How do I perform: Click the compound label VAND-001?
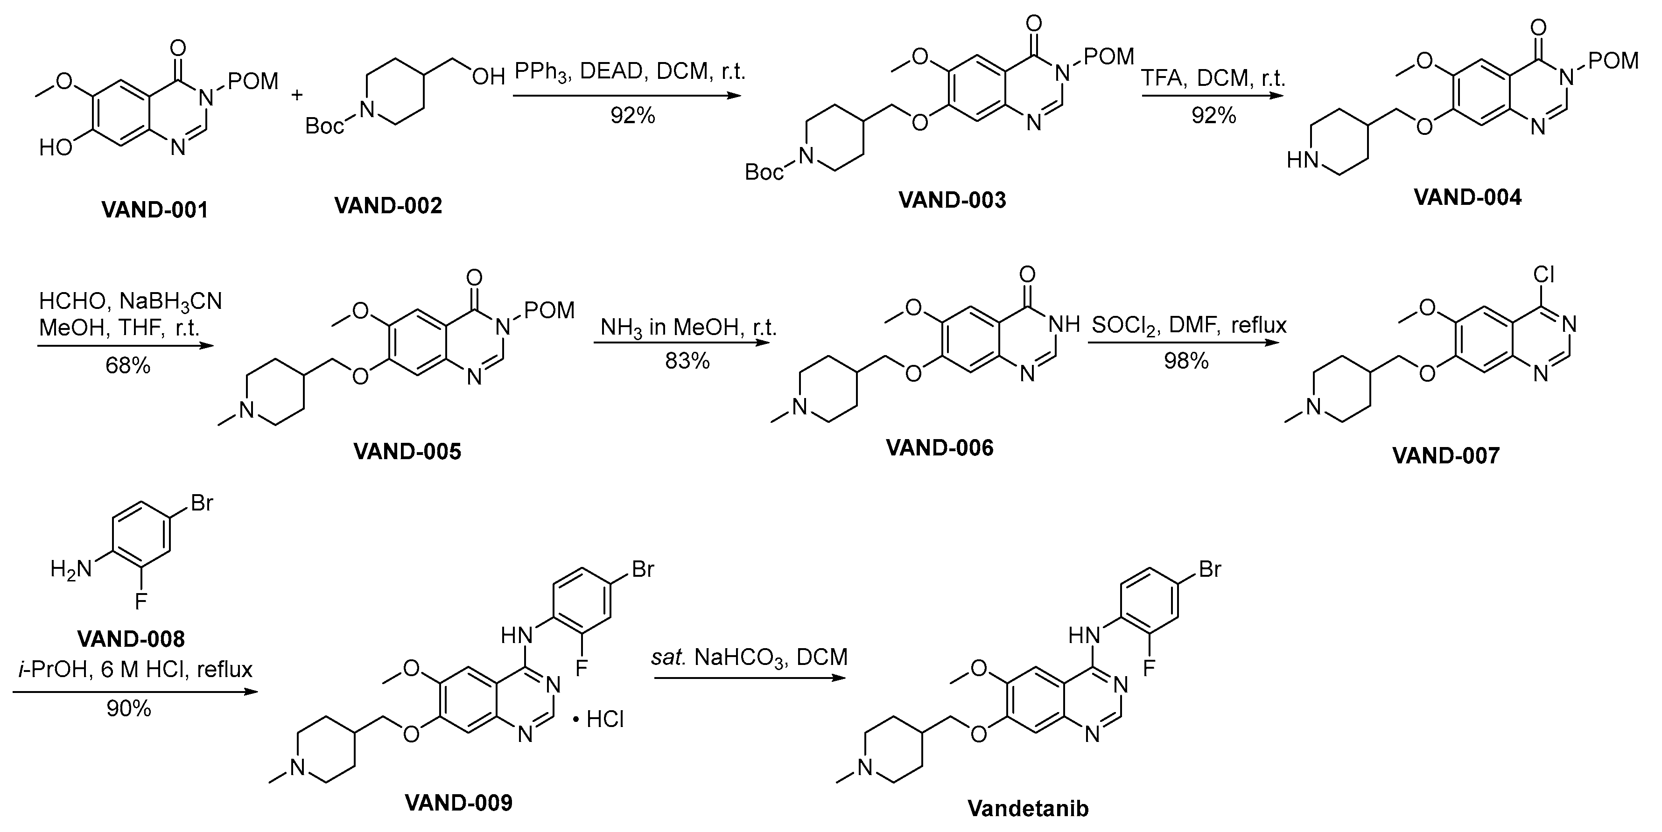tap(155, 210)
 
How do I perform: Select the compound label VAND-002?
tap(388, 206)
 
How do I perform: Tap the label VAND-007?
tap(1445, 456)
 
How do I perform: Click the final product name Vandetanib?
tap(1028, 808)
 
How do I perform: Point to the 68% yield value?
tap(128, 366)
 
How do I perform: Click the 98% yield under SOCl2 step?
tap(1186, 361)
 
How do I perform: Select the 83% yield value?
tap(687, 361)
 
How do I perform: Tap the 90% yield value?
tap(128, 709)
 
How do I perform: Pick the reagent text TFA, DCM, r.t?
tap(1213, 78)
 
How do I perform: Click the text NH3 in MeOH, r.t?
tap(688, 328)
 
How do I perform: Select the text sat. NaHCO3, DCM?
tap(749, 657)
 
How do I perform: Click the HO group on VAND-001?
tap(56, 148)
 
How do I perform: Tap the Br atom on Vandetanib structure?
tap(1210, 569)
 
